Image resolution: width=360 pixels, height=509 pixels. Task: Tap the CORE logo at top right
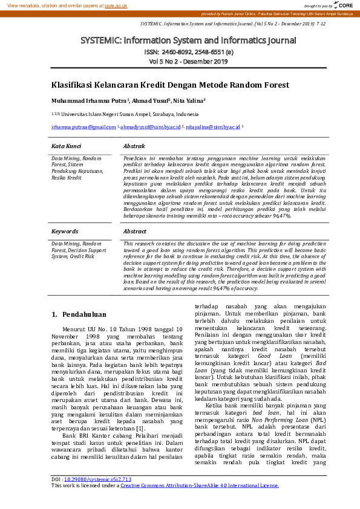point(343,5)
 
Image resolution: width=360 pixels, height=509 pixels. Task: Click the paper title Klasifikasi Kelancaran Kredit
point(170,85)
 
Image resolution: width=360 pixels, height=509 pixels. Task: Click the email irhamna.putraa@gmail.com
point(83,128)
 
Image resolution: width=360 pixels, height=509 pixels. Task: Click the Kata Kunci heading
point(66,146)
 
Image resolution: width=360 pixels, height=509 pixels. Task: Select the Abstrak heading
point(134,146)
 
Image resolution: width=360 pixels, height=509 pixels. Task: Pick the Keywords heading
point(65,232)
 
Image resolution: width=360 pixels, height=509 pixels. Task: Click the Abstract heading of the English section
point(135,232)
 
